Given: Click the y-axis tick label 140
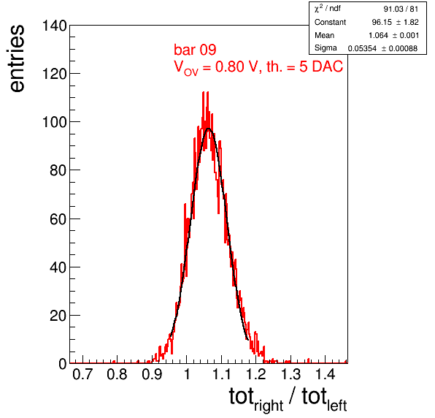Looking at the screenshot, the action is pos(54,26).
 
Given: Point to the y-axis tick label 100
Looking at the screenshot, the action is pos(54,122).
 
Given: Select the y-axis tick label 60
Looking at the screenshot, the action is pos(58,219).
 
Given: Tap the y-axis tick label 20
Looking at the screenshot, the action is pos(58,316).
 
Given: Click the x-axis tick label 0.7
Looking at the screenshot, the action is pos(82,374).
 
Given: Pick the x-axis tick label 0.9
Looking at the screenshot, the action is pos(152,374).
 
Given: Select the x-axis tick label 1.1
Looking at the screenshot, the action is pos(221,374).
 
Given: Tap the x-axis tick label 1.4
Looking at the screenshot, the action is pos(326,374).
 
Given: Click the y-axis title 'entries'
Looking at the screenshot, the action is pos(18,58).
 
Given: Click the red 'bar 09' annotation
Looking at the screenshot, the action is pos(195,50).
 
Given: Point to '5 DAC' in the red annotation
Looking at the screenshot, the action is pos(321,66).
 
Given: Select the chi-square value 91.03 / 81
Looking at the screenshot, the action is pos(401,9).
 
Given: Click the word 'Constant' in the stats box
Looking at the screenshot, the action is pos(330,22).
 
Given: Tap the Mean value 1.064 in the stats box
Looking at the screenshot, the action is pos(378,36).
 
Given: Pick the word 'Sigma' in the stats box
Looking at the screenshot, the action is pos(326,48).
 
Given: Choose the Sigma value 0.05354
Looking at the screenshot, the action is pos(362,49).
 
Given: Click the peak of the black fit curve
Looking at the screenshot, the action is pos(208,129).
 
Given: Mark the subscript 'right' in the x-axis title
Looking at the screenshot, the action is pos(269,406).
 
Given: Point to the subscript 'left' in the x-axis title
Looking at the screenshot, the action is pos(337,406).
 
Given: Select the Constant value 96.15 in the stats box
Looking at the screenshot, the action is pos(381,22).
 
